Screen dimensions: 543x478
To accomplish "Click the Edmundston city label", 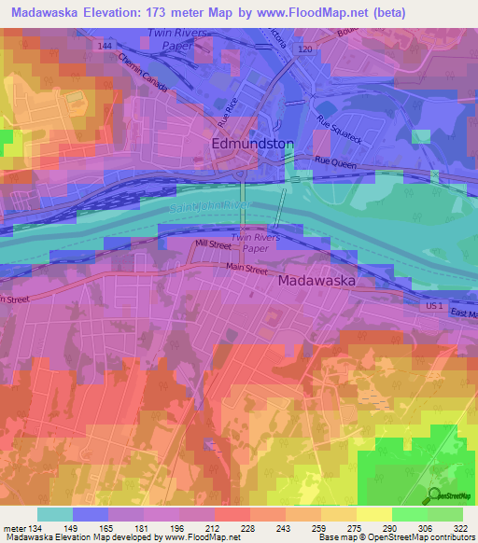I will pyautogui.click(x=253, y=145).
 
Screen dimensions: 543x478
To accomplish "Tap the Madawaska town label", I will pyautogui.click(x=319, y=279).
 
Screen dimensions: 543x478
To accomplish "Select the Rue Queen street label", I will pyautogui.click(x=335, y=161).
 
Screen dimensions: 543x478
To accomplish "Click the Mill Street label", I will pyautogui.click(x=213, y=244).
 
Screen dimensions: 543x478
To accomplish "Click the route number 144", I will pyautogui.click(x=104, y=45).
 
